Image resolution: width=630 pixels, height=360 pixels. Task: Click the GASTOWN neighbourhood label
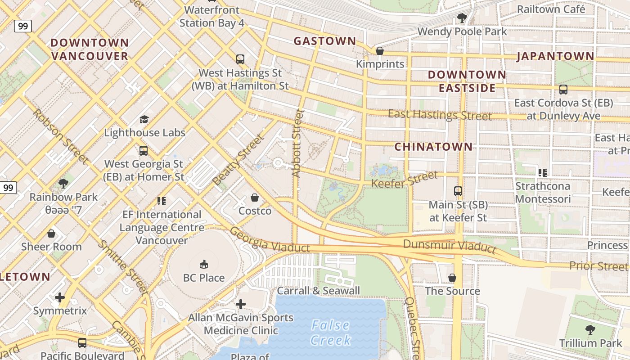[324, 41]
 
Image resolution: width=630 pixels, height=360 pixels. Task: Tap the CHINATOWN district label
[433, 147]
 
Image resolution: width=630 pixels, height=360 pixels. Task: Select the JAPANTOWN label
[555, 56]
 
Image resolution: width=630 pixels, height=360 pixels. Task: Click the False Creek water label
[330, 333]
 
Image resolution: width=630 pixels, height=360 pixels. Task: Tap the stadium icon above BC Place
[203, 264]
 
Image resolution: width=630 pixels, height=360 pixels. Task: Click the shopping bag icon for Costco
[255, 198]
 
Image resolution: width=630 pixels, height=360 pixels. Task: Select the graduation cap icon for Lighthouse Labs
[144, 119]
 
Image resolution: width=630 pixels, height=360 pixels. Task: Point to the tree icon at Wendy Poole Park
[462, 18]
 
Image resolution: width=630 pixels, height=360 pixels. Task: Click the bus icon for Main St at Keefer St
[458, 191]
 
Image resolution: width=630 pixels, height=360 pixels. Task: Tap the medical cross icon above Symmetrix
[60, 297]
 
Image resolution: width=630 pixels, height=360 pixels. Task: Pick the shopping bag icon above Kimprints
[380, 51]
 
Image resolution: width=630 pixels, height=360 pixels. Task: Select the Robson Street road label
[59, 136]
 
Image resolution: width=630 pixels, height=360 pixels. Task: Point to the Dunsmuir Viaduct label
[450, 246]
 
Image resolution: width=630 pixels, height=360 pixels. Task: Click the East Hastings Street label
[440, 115]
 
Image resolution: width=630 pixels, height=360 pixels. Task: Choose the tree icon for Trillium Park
[590, 330]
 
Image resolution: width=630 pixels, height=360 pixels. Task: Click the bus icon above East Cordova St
[563, 90]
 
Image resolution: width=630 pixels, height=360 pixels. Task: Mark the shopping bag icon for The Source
[452, 278]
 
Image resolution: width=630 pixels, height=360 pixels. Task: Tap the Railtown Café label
[551, 9]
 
